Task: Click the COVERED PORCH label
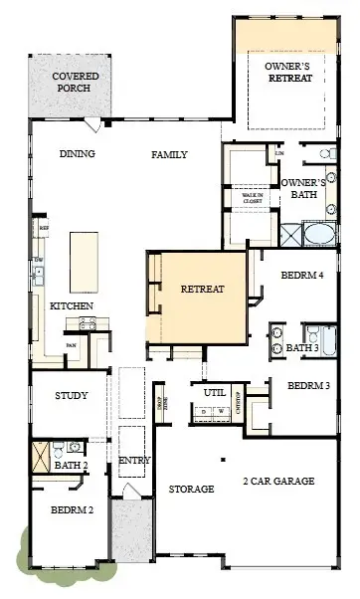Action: pyautogui.click(x=75, y=83)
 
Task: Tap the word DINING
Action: pyautogui.click(x=77, y=154)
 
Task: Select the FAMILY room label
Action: pyautogui.click(x=170, y=154)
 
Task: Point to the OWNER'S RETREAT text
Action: pyautogui.click(x=287, y=72)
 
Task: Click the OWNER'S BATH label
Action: pyautogui.click(x=304, y=189)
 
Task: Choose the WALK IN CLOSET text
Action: pyautogui.click(x=253, y=198)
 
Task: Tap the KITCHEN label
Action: pyautogui.click(x=72, y=305)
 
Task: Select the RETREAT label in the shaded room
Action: pyautogui.click(x=203, y=290)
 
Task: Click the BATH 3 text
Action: pyautogui.click(x=302, y=348)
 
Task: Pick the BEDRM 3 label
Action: pyautogui.click(x=310, y=386)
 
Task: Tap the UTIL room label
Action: pyautogui.click(x=215, y=393)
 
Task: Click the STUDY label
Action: pyautogui.click(x=72, y=396)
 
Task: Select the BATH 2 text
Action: pyautogui.click(x=72, y=465)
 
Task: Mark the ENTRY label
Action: pyautogui.click(x=133, y=461)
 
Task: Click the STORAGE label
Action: pyautogui.click(x=191, y=490)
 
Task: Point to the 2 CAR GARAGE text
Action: pyautogui.click(x=278, y=482)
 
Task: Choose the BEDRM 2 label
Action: pyautogui.click(x=72, y=510)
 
